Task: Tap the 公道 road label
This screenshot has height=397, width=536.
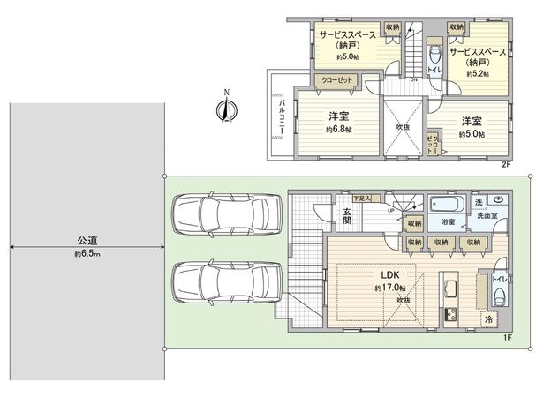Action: pyautogui.click(x=86, y=240)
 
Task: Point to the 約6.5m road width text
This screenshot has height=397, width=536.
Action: pyautogui.click(x=86, y=254)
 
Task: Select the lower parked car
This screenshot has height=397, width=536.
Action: pyautogui.click(x=226, y=282)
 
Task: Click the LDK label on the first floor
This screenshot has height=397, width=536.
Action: pyautogui.click(x=390, y=273)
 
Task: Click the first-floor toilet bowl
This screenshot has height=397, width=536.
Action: pyautogui.click(x=501, y=296)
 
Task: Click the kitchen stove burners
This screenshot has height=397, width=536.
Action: pyautogui.click(x=447, y=316)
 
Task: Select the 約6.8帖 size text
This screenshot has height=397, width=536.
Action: pyautogui.click(x=338, y=130)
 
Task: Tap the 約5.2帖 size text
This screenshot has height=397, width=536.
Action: pyautogui.click(x=477, y=74)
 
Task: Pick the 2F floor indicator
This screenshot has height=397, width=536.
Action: pyautogui.click(x=507, y=165)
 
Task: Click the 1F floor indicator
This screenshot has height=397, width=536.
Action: pyautogui.click(x=507, y=338)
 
